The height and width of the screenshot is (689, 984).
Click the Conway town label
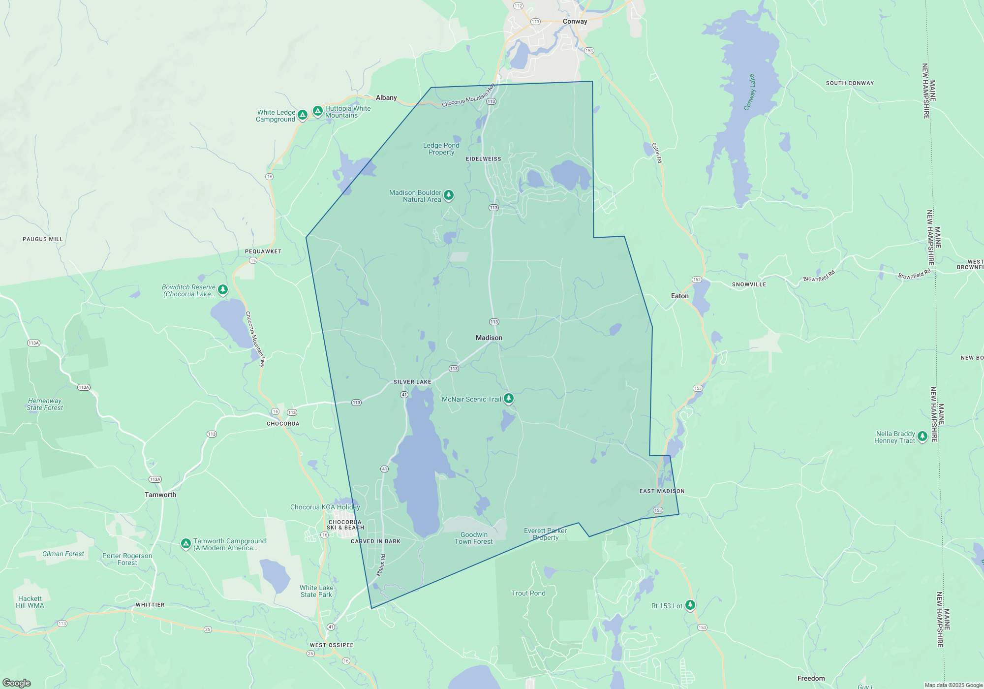(x=575, y=22)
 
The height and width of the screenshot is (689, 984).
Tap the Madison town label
(x=489, y=338)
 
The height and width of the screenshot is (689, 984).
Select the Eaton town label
(x=679, y=296)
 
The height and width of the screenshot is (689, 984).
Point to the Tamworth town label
(x=160, y=495)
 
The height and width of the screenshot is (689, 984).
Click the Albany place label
(x=386, y=97)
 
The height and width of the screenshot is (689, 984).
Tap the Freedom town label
(x=811, y=678)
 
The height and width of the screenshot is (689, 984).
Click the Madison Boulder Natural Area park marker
(x=448, y=195)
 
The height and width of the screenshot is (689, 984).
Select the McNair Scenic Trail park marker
(x=509, y=398)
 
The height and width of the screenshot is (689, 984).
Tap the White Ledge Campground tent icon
(x=303, y=115)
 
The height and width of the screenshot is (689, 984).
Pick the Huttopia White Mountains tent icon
(x=318, y=111)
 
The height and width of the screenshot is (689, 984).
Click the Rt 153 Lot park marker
(x=690, y=605)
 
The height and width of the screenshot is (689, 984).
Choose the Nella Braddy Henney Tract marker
(x=922, y=436)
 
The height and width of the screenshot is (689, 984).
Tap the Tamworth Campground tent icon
(x=185, y=543)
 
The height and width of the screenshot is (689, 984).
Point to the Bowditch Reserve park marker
(x=223, y=289)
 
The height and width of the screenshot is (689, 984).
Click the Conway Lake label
(x=749, y=93)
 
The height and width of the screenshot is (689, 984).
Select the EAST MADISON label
(x=662, y=491)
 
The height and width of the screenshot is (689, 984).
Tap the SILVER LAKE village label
(x=412, y=382)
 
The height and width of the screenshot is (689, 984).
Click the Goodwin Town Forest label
(x=473, y=538)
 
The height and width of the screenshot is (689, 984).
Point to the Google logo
(x=16, y=683)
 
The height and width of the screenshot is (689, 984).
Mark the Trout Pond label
(x=528, y=593)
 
